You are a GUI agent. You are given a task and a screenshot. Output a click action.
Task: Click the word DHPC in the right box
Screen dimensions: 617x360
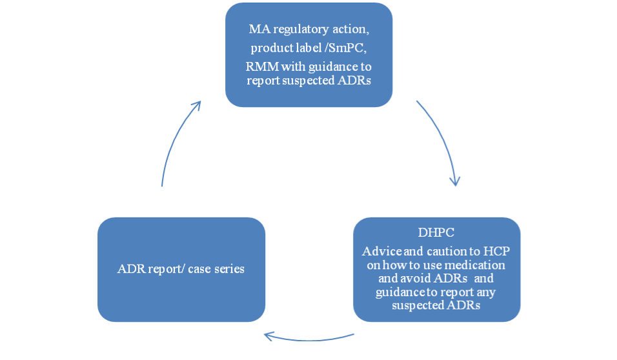[436, 232]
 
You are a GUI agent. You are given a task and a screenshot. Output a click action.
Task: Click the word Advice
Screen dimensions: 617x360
[376, 251]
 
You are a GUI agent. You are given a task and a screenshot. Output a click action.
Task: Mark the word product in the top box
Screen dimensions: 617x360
[267, 48]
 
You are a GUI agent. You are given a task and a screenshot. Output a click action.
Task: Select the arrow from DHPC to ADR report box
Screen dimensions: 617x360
[309, 339]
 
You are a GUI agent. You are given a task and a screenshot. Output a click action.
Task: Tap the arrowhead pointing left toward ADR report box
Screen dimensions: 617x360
[268, 336]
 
